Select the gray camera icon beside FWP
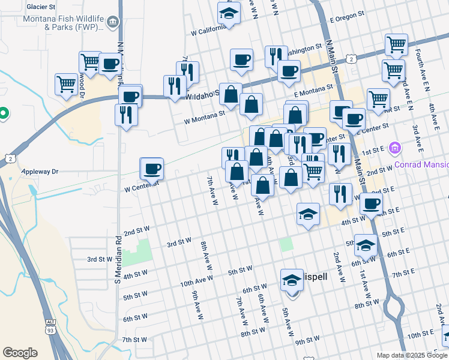point(113,23)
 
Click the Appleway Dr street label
point(40,172)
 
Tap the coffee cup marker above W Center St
point(152,168)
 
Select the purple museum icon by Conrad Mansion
point(394,148)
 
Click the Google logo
point(20,353)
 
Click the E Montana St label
point(313,91)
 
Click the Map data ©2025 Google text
point(411,355)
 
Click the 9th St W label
point(307,340)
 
